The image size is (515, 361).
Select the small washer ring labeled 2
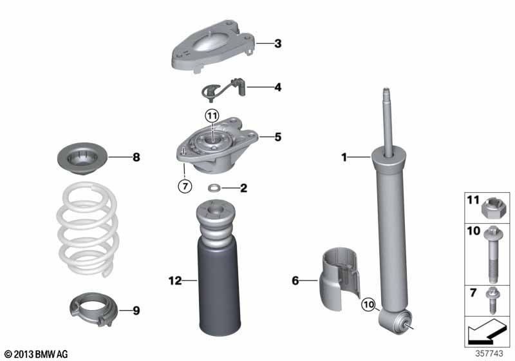(x=214, y=188)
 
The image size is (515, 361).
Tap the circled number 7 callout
(x=185, y=186)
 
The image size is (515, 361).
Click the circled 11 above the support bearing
(x=212, y=115)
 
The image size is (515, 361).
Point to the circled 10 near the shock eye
(x=368, y=304)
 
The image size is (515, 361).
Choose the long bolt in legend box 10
(x=492, y=255)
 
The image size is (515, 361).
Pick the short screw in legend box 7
(x=492, y=300)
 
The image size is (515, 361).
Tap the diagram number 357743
(x=489, y=353)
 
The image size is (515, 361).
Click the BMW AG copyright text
(x=37, y=354)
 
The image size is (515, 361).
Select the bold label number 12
(x=175, y=281)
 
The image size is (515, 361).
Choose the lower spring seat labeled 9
(x=94, y=309)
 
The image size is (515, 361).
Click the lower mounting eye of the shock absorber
(x=395, y=321)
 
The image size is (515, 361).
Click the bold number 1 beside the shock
(x=344, y=157)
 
